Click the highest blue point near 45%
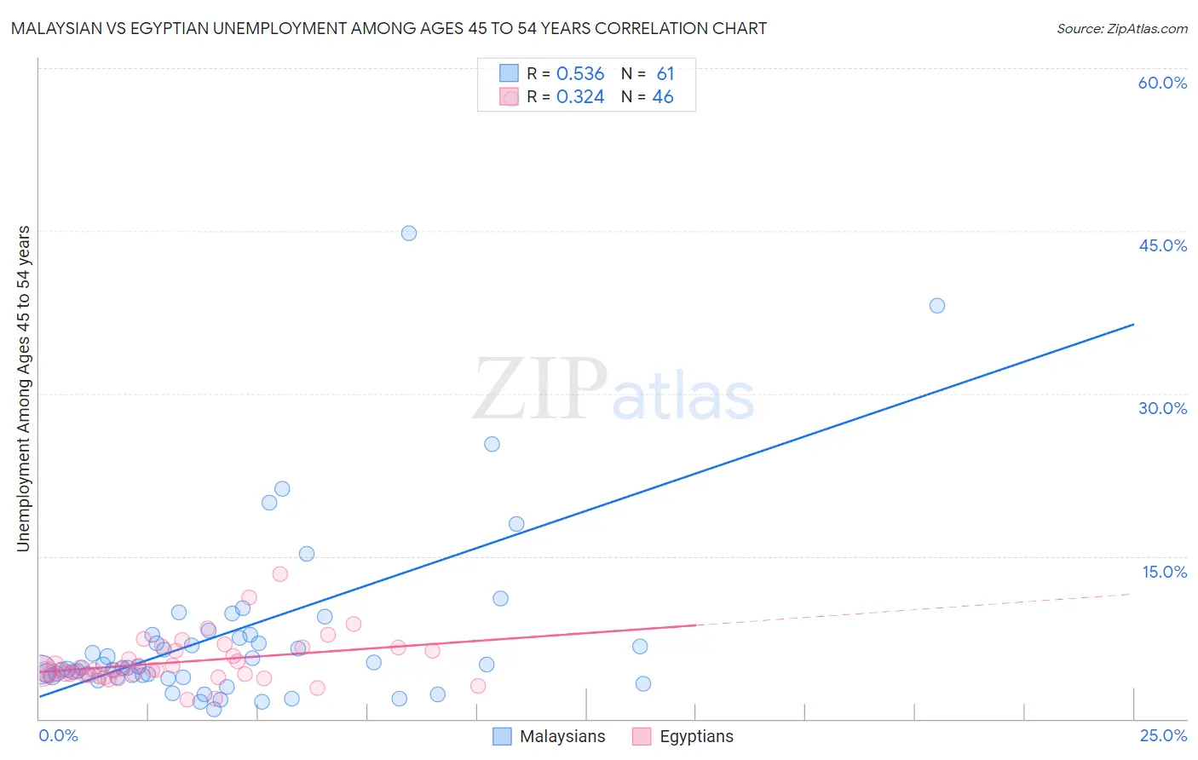click(x=409, y=233)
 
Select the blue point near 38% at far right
click(x=937, y=306)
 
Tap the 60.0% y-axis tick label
click(x=1162, y=83)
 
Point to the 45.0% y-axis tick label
click(x=1162, y=245)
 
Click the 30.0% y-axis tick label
click(x=1162, y=408)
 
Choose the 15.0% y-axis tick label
click(x=1164, y=572)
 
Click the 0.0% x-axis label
click(x=59, y=735)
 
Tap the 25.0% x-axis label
click(x=1163, y=735)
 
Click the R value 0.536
click(x=580, y=74)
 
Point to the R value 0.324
click(x=580, y=97)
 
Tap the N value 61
click(x=665, y=74)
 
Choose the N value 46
click(x=663, y=97)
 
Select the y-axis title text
click(x=24, y=389)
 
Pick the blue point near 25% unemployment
click(x=492, y=444)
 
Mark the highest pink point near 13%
click(x=280, y=574)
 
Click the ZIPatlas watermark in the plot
click(x=613, y=391)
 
